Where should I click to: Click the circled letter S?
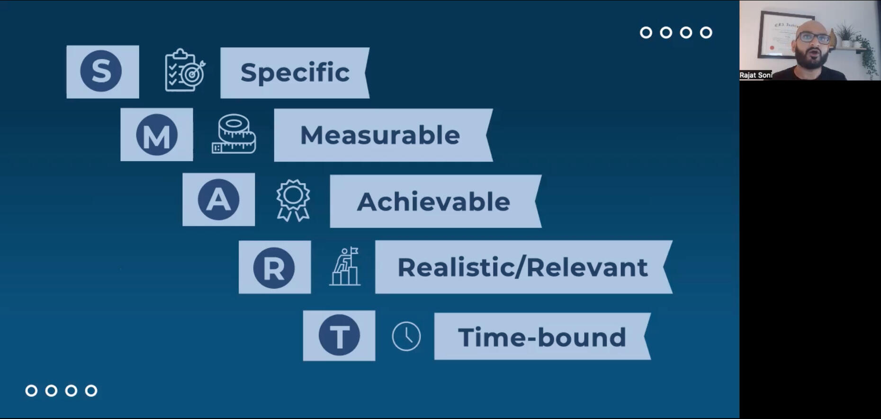(101, 71)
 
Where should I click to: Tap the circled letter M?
(157, 135)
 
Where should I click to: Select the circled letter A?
(218, 199)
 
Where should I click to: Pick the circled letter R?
(274, 267)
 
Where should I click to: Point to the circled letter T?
(339, 335)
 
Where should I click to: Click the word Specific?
(295, 73)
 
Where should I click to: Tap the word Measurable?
(380, 135)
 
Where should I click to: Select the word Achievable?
(433, 201)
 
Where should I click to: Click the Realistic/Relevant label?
(522, 267)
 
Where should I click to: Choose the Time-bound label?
(542, 337)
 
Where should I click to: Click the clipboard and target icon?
(185, 70)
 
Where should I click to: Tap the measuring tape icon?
(234, 134)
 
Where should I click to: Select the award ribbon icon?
(293, 200)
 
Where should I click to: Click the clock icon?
(406, 337)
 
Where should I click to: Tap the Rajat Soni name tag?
(756, 75)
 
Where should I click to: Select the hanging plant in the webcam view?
(866, 57)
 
